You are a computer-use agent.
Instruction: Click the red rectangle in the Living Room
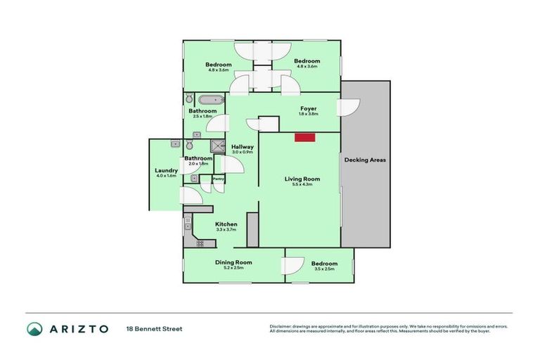click(x=304, y=138)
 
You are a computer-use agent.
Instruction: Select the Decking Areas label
click(x=365, y=160)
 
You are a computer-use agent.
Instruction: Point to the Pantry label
click(x=219, y=179)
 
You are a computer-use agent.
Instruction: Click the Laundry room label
click(x=166, y=171)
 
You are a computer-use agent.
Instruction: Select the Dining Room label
click(x=233, y=262)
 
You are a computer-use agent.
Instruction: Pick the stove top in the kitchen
click(x=200, y=243)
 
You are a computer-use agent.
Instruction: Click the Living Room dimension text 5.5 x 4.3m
click(x=302, y=185)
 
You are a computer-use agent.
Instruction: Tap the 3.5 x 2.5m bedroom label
click(x=324, y=264)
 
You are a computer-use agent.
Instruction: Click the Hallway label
click(x=242, y=146)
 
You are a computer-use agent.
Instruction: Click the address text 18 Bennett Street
click(x=154, y=328)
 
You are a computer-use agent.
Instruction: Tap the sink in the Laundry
click(x=174, y=143)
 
